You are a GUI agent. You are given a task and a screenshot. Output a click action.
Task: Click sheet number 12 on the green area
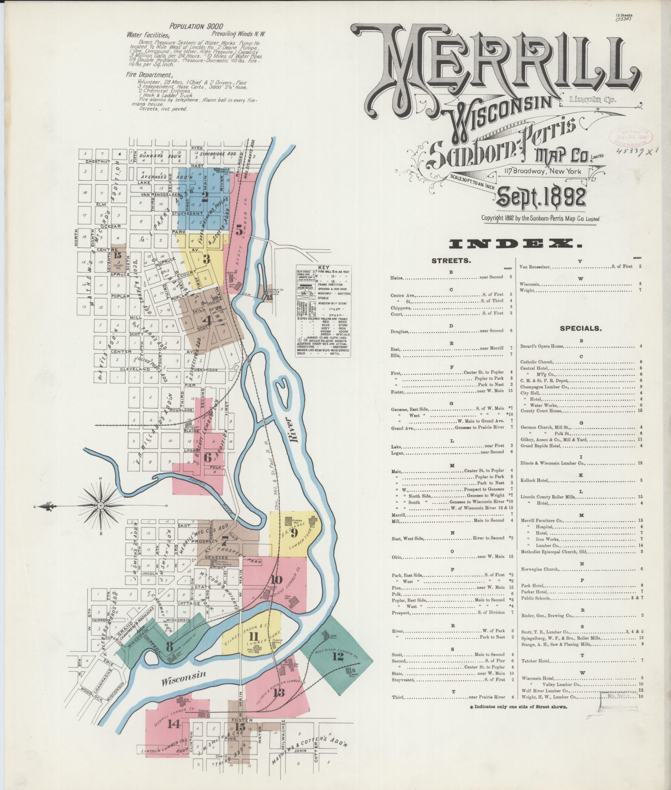pyautogui.click(x=338, y=657)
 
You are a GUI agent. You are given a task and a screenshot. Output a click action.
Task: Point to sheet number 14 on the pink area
pyautogui.click(x=174, y=724)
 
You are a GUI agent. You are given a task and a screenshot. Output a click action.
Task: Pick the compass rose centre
pyautogui.click(x=100, y=505)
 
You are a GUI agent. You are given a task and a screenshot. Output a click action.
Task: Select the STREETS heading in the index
pyautogui.click(x=451, y=261)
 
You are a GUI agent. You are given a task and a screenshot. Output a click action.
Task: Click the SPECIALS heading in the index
pyautogui.click(x=581, y=328)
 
